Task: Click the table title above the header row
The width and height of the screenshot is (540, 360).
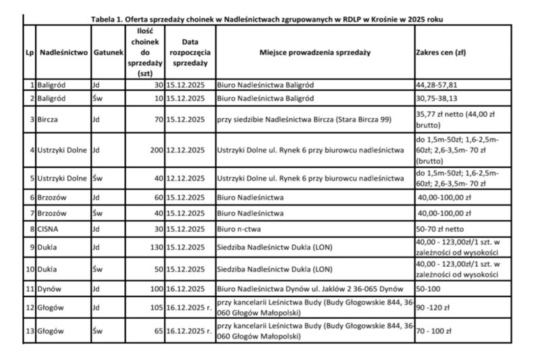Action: point(267,19)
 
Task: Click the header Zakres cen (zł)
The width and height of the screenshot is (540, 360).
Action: point(441,51)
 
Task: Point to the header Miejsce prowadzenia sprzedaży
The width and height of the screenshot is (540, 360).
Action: point(315,51)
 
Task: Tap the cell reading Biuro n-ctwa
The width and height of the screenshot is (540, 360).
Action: point(240,229)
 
